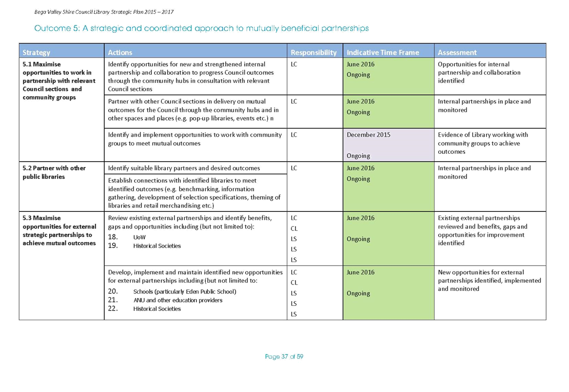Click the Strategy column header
click(x=36, y=52)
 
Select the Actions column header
click(x=120, y=52)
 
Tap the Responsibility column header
click(x=314, y=52)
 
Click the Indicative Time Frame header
click(x=383, y=52)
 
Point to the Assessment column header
click(x=457, y=52)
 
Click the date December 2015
click(x=368, y=134)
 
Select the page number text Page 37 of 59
click(x=284, y=356)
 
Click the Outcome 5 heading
click(x=201, y=28)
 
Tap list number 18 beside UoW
click(x=113, y=237)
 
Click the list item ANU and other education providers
click(x=178, y=300)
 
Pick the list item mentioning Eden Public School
click(x=185, y=291)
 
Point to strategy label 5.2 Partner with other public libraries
click(x=54, y=172)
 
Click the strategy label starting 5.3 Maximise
click(x=59, y=230)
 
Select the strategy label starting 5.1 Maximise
click(x=59, y=81)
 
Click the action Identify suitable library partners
click(x=184, y=168)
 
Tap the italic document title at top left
click(x=104, y=12)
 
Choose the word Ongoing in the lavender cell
click(x=358, y=156)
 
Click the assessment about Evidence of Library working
click(x=483, y=143)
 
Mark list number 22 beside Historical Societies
click(x=113, y=309)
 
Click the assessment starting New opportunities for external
click(x=489, y=281)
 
